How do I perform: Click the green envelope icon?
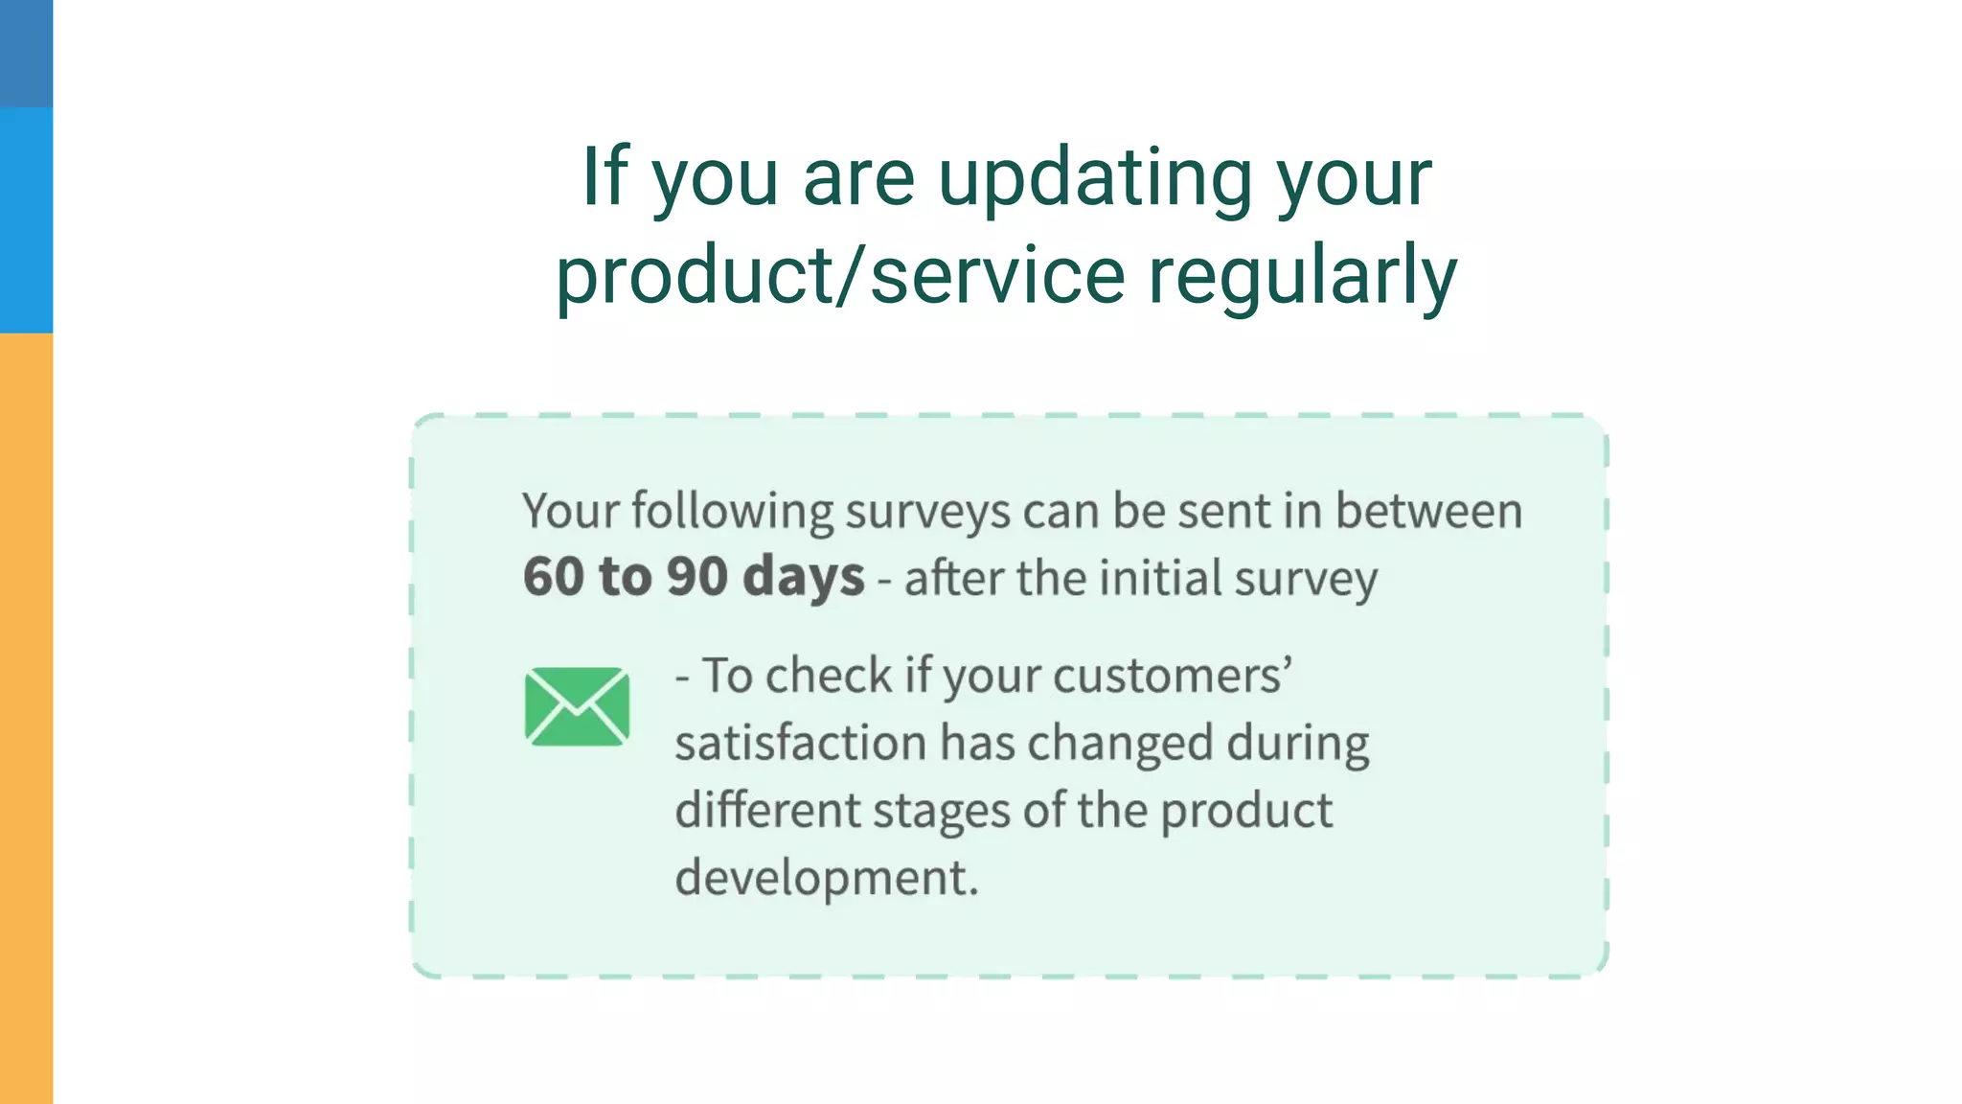coord(577,706)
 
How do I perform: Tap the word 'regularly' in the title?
coord(1302,276)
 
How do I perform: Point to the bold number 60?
coord(553,577)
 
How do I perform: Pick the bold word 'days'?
coord(803,577)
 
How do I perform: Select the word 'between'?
coord(1428,510)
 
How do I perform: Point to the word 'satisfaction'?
coord(801,744)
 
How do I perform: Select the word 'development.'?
coord(826,878)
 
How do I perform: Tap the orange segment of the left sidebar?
coord(26,719)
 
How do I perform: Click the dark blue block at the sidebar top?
coord(26,53)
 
